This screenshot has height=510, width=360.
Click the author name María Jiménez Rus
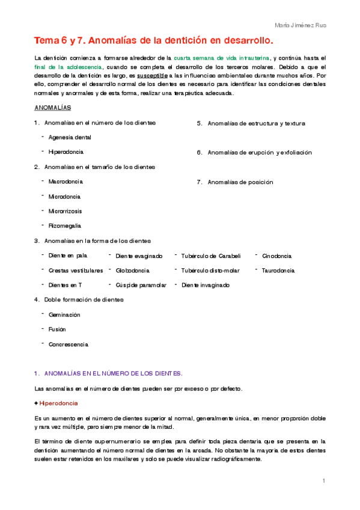[x=300, y=25]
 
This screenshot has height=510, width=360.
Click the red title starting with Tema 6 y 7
[x=153, y=41]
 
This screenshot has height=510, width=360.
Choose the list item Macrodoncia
[x=66, y=182]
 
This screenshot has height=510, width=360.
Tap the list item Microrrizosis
[x=66, y=211]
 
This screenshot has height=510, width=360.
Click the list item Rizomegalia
[x=65, y=226]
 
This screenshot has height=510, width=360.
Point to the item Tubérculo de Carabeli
[x=210, y=256]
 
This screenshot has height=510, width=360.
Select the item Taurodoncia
[x=278, y=271]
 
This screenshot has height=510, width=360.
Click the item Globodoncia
[x=132, y=271]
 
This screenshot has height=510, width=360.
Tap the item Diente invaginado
[x=205, y=285]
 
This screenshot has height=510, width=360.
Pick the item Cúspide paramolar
[x=141, y=285]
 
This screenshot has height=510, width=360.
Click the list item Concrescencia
[x=68, y=345]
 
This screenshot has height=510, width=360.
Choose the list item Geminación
[x=64, y=315]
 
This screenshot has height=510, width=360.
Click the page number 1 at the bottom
[x=323, y=481]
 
